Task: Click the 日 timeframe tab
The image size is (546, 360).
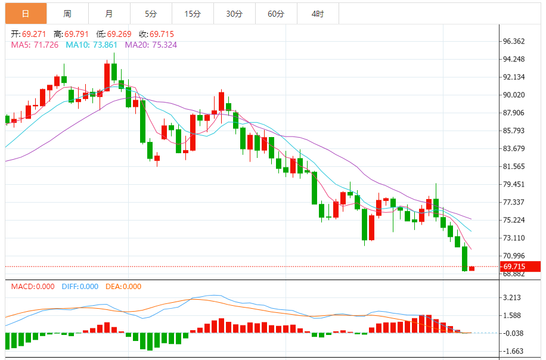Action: click(25, 13)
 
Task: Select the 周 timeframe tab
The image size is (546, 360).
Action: click(67, 13)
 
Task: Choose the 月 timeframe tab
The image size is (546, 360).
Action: click(109, 13)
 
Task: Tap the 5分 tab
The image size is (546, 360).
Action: click(151, 13)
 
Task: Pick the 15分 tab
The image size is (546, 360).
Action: click(193, 13)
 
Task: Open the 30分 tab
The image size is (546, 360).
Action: click(234, 13)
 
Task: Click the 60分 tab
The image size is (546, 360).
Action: click(276, 13)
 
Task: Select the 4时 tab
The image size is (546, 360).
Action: click(318, 13)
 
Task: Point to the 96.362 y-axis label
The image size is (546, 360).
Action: click(514, 41)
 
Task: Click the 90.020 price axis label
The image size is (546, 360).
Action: click(514, 95)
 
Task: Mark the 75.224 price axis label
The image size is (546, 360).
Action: click(514, 220)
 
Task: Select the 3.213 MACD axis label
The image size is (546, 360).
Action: click(513, 297)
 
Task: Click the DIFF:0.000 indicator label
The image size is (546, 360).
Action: click(80, 287)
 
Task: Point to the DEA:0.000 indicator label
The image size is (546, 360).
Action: click(123, 287)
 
